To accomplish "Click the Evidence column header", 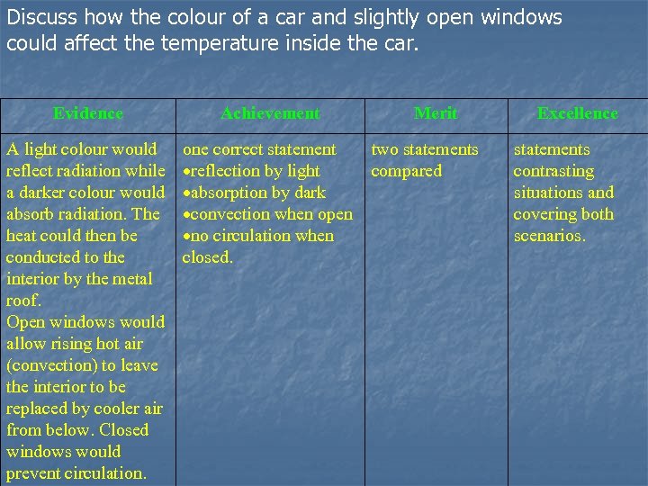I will (x=88, y=113).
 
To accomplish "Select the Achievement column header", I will (x=270, y=113).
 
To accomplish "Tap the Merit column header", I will (x=436, y=113).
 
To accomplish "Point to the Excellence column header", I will (x=577, y=113).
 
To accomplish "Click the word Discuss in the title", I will (x=39, y=17).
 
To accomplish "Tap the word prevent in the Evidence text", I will (x=35, y=473).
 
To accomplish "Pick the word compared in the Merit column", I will (x=407, y=171).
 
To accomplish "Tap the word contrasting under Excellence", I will (x=553, y=171).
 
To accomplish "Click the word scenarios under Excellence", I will (x=549, y=236).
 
